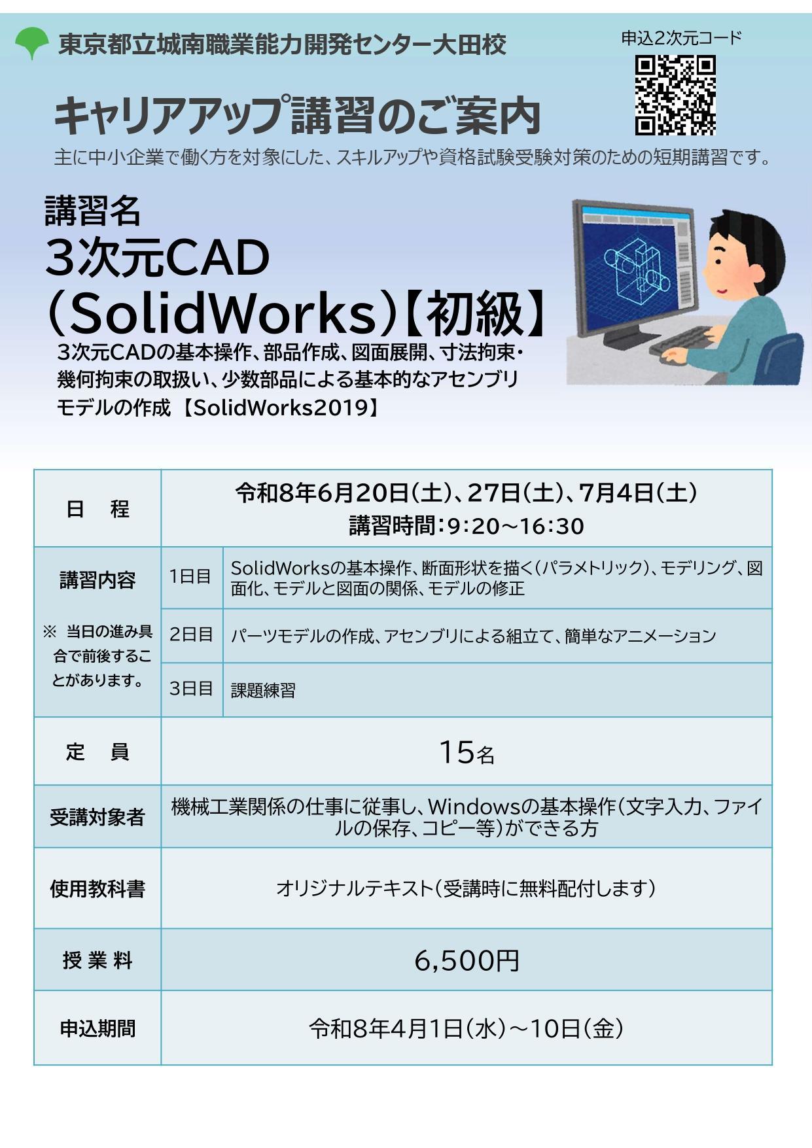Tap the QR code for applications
tap(675, 96)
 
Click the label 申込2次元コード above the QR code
tap(680, 39)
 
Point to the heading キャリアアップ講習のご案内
tap(298, 117)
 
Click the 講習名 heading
tap(93, 210)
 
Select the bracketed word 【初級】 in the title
tap(476, 314)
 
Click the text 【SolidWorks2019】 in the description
tap(280, 408)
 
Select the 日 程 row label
tap(97, 509)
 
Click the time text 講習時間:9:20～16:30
tap(466, 526)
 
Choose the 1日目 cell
tap(190, 576)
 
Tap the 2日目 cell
tap(191, 635)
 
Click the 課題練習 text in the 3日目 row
tap(263, 690)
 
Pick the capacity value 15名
tap(466, 752)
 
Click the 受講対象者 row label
tap(97, 817)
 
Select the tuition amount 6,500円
tap(466, 960)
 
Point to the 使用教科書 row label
tap(97, 888)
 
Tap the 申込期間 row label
tap(97, 1029)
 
